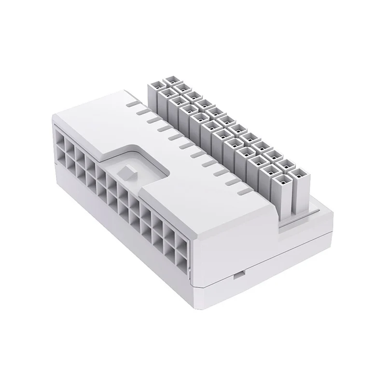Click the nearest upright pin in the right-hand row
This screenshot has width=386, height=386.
tap(300, 191)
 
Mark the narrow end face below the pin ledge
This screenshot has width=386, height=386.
tap(309, 236)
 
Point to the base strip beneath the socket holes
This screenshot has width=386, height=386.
tap(121, 241)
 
